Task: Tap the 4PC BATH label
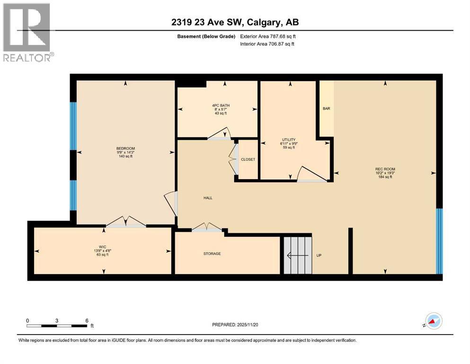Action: [218, 105]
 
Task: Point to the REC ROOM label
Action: [385, 169]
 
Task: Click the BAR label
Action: [326, 109]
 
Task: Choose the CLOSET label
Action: [248, 159]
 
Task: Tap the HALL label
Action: [207, 198]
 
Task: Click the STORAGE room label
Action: [212, 254]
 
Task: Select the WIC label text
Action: [102, 246]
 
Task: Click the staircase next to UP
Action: [298, 255]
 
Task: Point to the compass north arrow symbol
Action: [433, 321]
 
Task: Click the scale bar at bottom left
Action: [57, 326]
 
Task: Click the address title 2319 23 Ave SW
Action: [235, 22]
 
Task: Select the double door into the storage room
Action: [207, 227]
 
